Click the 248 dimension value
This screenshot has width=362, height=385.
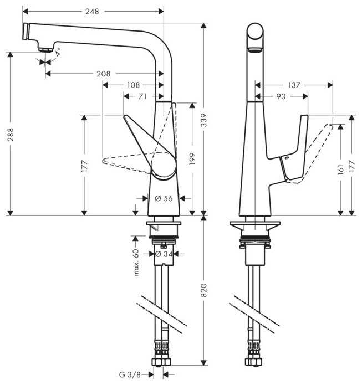point(92,12)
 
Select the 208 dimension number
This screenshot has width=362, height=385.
point(104,74)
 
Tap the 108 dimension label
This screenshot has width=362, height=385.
point(133,85)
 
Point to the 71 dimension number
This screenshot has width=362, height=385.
point(142,96)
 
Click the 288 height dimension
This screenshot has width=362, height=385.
point(11,134)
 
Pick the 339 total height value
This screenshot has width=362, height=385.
point(204,120)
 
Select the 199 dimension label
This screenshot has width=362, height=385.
point(192,158)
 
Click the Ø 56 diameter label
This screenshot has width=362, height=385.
point(164,198)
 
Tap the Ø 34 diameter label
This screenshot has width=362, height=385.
point(164,254)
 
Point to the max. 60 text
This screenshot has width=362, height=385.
point(136,262)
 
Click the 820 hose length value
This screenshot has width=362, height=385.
point(204,290)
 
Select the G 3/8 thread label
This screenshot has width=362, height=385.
point(130,374)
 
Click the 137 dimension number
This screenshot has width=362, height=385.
point(294,85)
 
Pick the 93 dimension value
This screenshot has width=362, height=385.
point(281,96)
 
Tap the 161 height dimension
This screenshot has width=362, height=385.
point(340,170)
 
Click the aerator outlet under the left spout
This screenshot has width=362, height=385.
point(45,50)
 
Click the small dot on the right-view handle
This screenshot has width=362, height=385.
point(286,158)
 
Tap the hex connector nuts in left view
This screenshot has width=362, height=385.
point(161,362)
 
